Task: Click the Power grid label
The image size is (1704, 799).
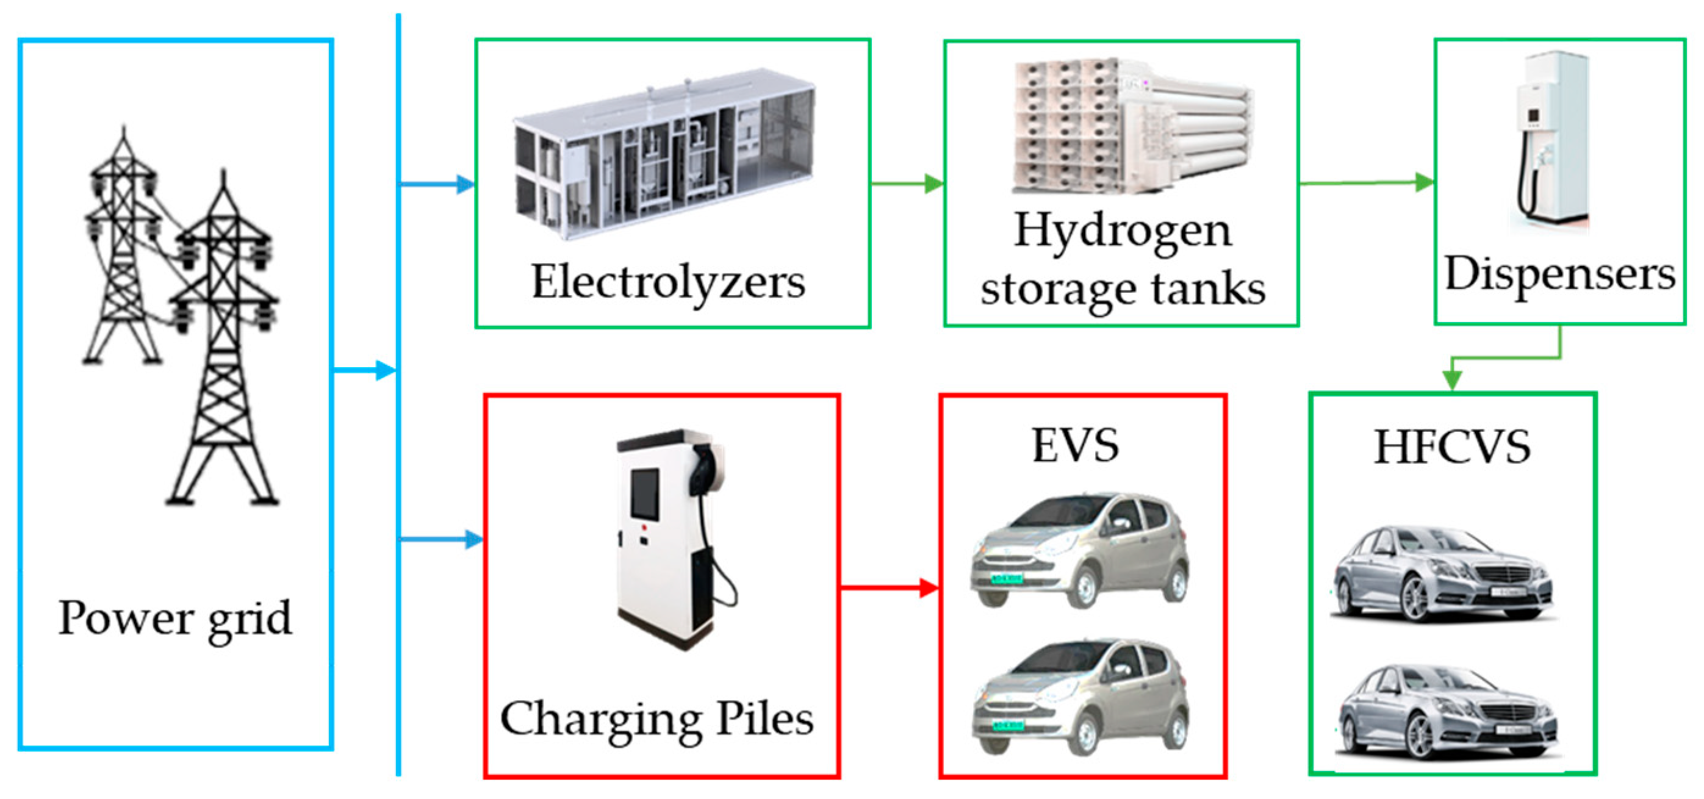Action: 174,619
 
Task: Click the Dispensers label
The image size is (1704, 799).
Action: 1560,274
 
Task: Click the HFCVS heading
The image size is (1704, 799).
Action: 1452,447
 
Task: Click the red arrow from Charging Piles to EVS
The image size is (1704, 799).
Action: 890,587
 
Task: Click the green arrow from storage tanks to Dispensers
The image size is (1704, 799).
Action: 1367,182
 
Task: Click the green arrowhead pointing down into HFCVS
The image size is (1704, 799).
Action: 1452,381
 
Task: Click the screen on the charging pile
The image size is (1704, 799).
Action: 644,493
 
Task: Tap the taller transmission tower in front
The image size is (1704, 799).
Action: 223,344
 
